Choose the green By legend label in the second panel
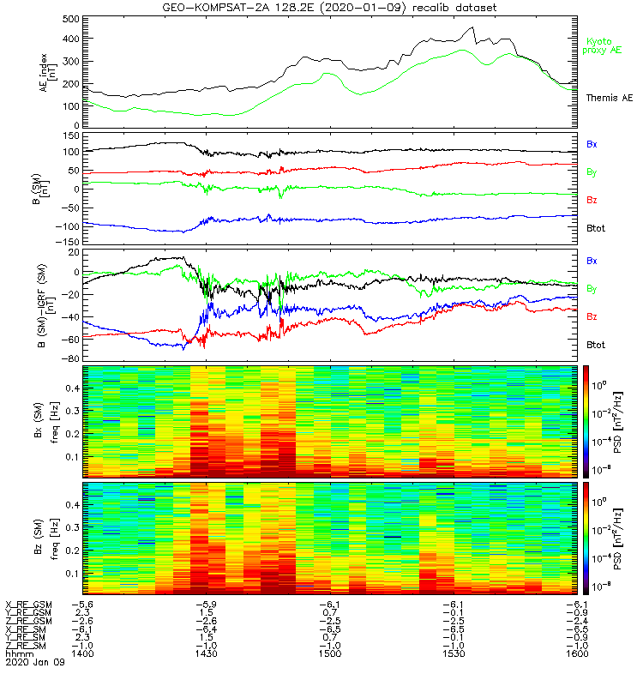[x=592, y=172]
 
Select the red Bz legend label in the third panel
[x=592, y=316]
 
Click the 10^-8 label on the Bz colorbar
[x=607, y=587]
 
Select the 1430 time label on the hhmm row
[x=205, y=653]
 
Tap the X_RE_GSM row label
[x=28, y=605]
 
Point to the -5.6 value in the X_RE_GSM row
[x=82, y=605]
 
